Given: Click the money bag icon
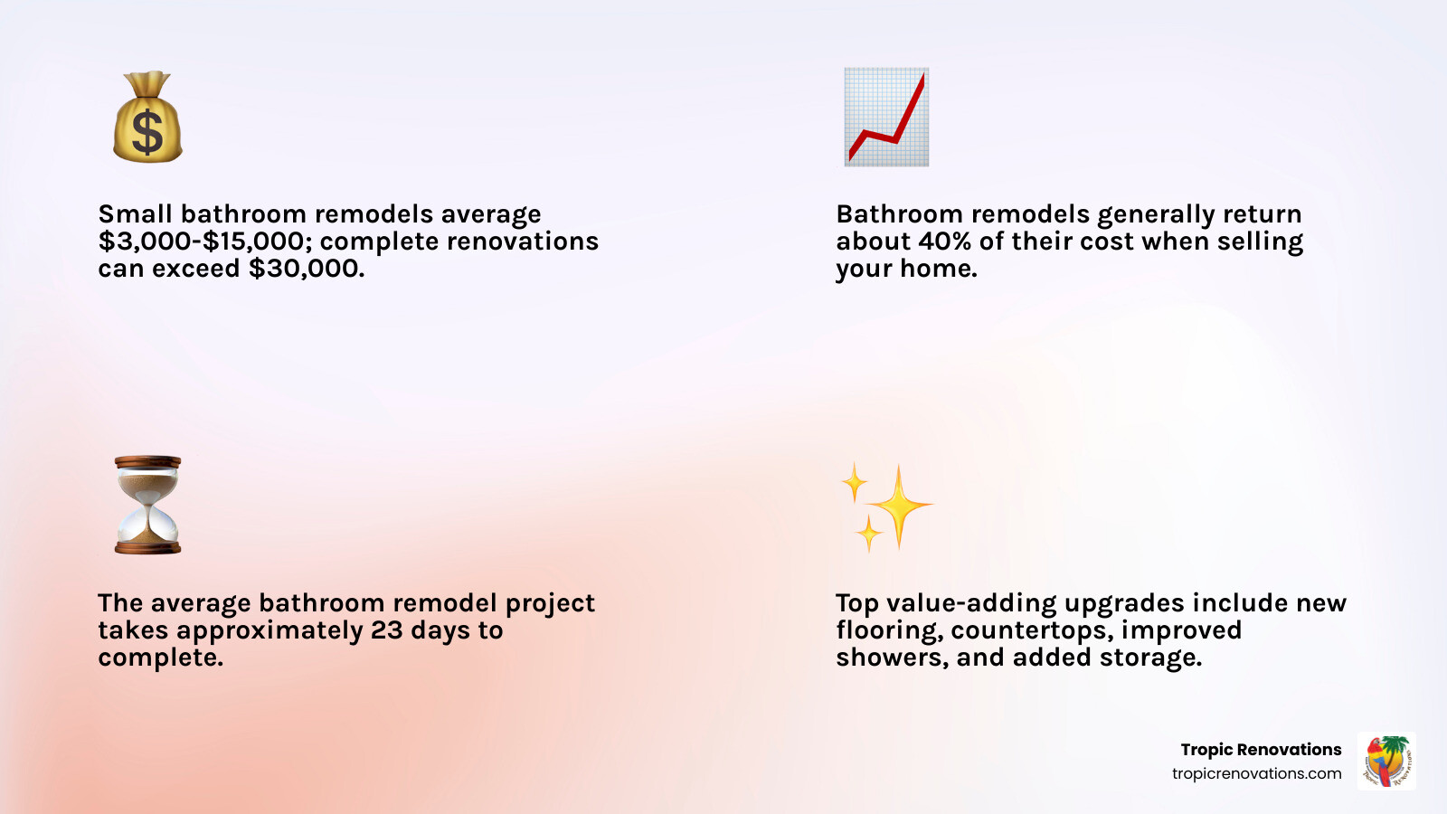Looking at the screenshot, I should [x=147, y=118].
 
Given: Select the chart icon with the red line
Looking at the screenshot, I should [x=886, y=117].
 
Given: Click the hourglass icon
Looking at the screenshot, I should [x=147, y=505].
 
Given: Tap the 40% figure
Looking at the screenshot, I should [x=944, y=241].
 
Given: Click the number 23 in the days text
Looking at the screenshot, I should [x=386, y=630].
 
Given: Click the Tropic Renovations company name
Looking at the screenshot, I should [x=1261, y=750].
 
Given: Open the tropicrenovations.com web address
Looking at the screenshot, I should [x=1256, y=773].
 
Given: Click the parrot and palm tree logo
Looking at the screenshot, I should [x=1386, y=762].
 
